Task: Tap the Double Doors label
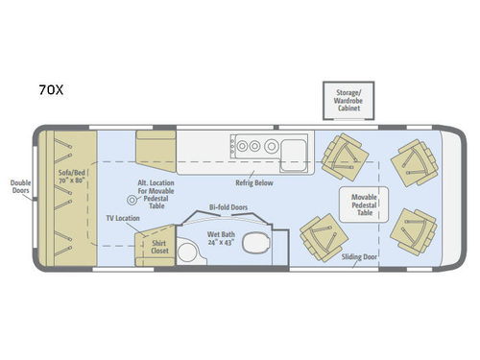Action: pos(21,185)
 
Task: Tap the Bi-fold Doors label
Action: pos(228,207)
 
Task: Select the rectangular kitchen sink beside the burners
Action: pos(295,147)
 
